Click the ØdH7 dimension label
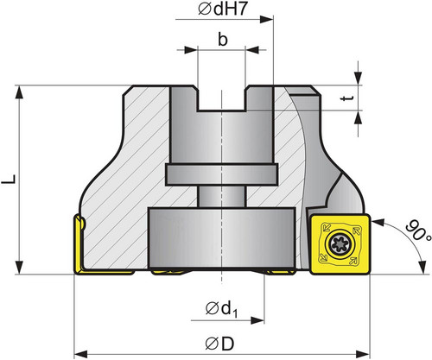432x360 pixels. click(x=223, y=9)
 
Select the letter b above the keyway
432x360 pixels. click(x=222, y=39)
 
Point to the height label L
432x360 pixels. click(x=9, y=180)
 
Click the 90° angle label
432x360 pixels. click(x=418, y=231)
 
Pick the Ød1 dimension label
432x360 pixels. click(x=222, y=309)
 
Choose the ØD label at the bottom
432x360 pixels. click(x=219, y=344)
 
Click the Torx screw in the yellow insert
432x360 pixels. click(x=340, y=244)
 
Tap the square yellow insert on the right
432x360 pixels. click(x=340, y=244)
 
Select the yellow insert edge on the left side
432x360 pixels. click(x=79, y=244)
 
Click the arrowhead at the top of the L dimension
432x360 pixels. click(x=19, y=92)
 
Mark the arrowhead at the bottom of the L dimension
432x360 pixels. click(x=19, y=268)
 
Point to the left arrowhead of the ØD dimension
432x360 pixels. click(x=81, y=353)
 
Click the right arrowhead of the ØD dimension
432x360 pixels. click(x=363, y=353)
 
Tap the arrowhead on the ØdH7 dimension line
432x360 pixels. click(x=266, y=19)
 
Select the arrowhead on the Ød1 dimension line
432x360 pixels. click(x=257, y=320)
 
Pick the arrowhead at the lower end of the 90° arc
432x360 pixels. click(x=422, y=268)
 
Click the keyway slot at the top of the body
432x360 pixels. click(x=221, y=98)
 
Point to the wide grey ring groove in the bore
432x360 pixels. click(x=221, y=174)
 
